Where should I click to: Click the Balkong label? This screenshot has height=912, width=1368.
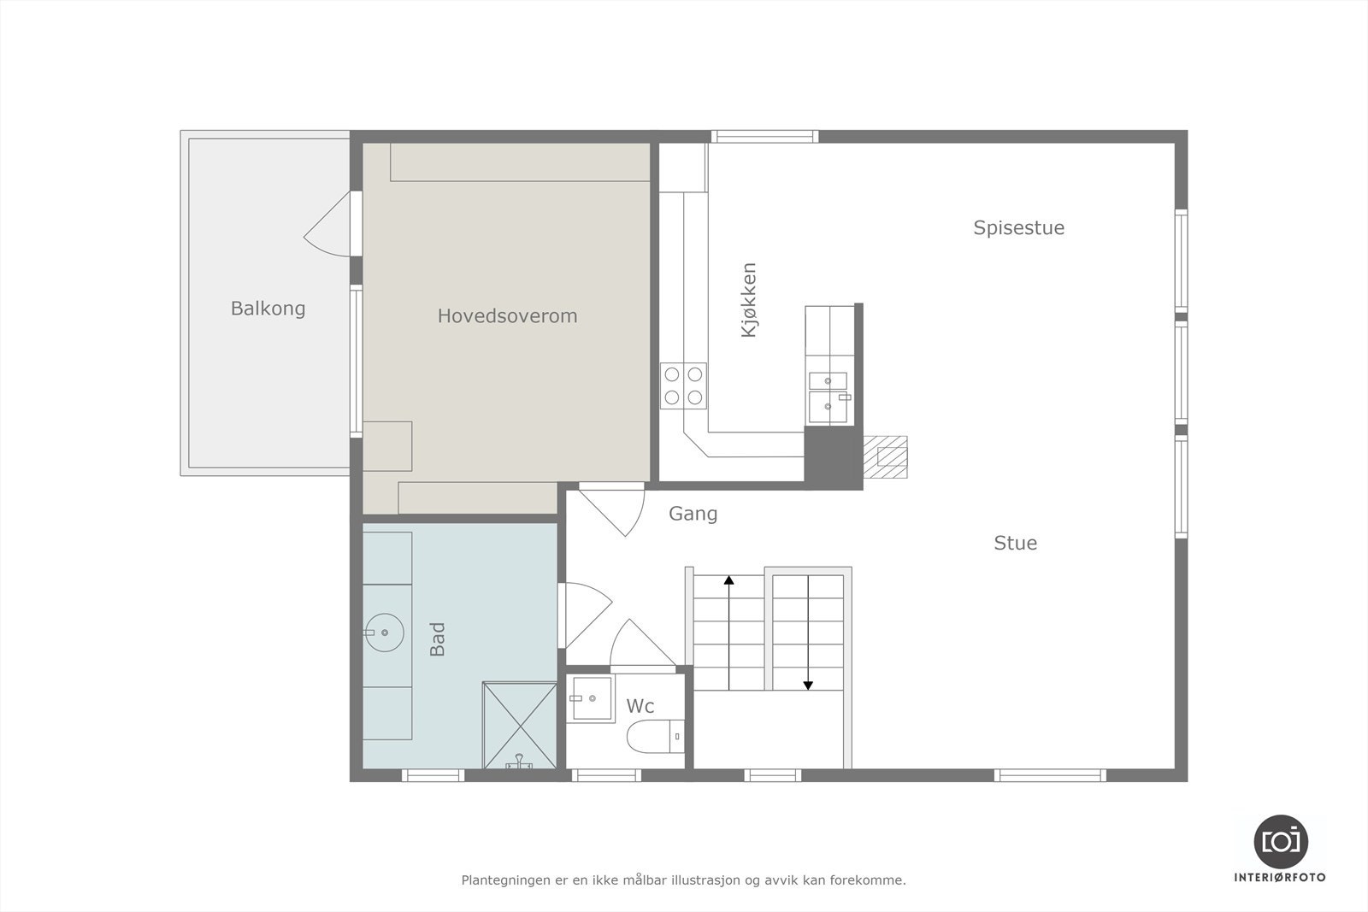(x=268, y=309)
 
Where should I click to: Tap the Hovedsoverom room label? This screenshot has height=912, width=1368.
(x=507, y=316)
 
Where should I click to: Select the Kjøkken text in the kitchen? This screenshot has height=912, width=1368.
(x=749, y=300)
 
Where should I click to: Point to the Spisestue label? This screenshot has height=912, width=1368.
(x=1018, y=228)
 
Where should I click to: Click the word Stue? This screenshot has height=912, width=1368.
(x=1015, y=544)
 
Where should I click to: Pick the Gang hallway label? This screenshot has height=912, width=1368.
(x=693, y=514)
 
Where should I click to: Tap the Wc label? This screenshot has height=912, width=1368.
(x=640, y=706)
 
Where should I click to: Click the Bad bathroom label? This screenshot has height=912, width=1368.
(x=438, y=639)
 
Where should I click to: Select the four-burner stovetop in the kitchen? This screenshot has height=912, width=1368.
(x=683, y=385)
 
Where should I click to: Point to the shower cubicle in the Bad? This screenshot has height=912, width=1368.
(x=519, y=724)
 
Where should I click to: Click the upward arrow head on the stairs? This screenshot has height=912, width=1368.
(x=728, y=580)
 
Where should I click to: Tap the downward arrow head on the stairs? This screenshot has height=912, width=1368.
(x=807, y=685)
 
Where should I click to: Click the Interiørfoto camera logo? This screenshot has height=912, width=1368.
(x=1280, y=841)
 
